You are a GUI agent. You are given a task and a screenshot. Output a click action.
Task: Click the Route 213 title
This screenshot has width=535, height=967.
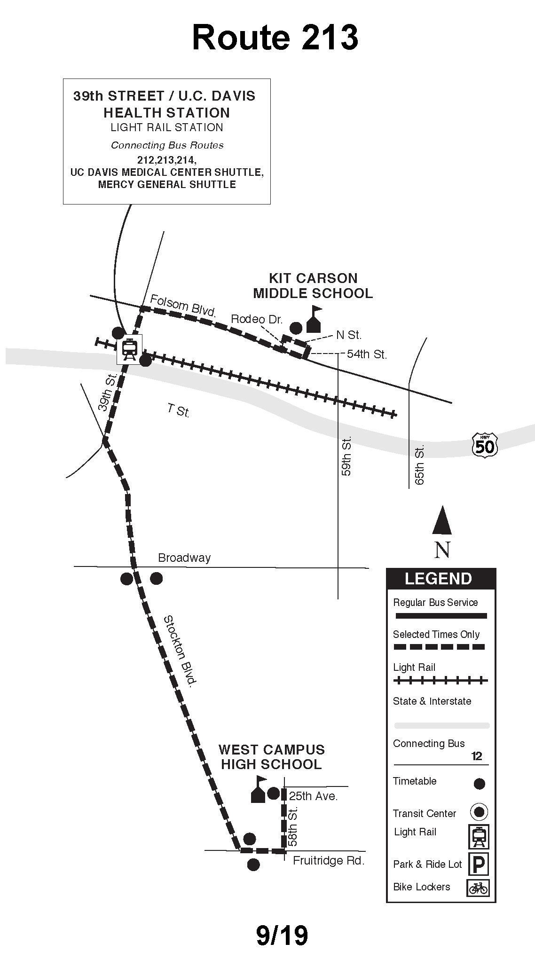point(275,38)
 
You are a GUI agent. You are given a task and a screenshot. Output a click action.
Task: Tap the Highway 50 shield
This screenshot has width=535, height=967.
point(485,445)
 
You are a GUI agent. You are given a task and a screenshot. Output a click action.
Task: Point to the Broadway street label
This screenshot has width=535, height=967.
point(184,558)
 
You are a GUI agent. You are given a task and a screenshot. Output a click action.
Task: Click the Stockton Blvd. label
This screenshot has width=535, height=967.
point(179,652)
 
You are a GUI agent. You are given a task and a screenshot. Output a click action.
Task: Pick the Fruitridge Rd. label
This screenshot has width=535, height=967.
point(329,861)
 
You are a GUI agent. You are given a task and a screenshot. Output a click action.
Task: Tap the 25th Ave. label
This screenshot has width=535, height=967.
point(313,796)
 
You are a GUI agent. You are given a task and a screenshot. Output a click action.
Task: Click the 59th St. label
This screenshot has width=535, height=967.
point(346,456)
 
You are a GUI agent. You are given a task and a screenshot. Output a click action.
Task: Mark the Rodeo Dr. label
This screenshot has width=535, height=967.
point(257,320)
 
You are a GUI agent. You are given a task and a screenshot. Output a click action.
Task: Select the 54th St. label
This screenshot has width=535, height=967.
point(367,354)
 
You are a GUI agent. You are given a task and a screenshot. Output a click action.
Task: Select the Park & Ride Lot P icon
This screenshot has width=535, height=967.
point(479,864)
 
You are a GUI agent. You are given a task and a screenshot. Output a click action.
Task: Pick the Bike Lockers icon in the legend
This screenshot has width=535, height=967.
point(478,888)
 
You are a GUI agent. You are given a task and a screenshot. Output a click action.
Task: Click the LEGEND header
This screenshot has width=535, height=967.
point(438,579)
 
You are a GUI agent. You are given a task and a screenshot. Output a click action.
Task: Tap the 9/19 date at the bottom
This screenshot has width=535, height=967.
point(282,936)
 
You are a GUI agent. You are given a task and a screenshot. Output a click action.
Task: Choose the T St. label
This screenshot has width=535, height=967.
point(179,410)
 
